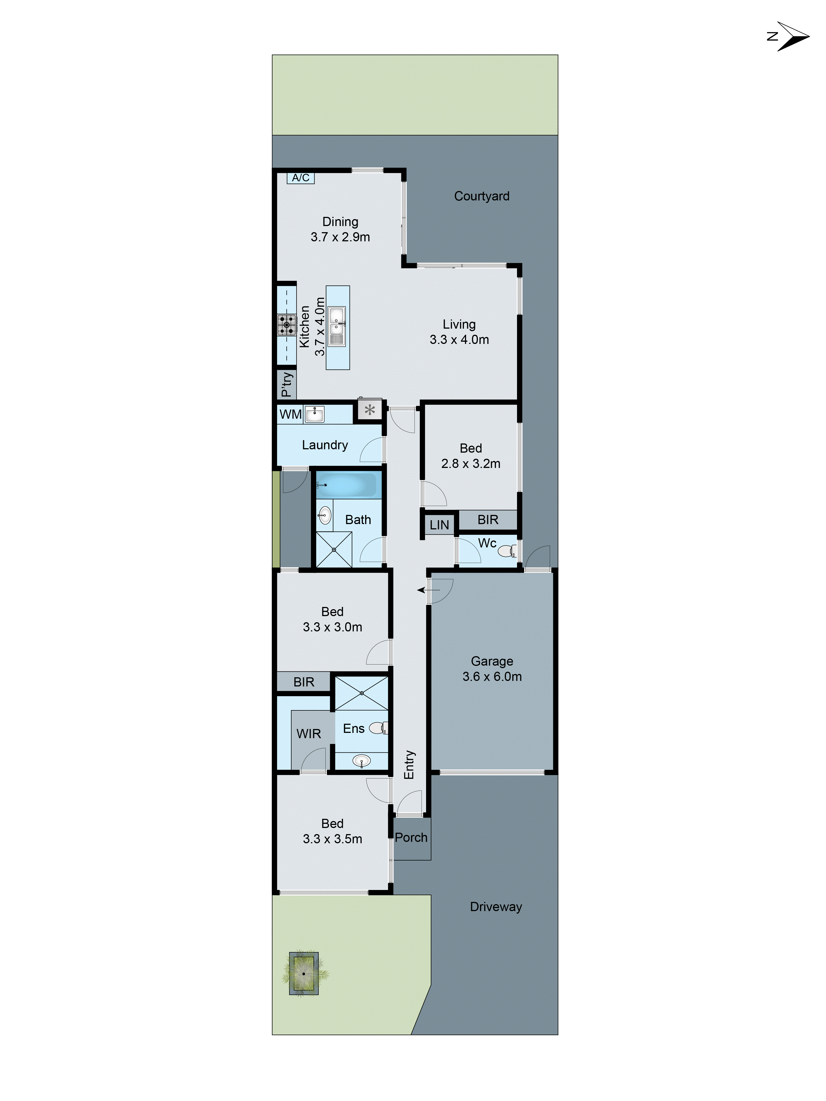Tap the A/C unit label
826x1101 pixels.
click(300, 178)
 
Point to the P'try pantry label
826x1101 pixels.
click(286, 384)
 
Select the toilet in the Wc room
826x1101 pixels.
click(507, 550)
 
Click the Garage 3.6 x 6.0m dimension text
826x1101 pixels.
click(492, 676)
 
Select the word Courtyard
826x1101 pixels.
click(481, 196)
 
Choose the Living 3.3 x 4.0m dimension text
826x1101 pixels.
click(459, 339)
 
